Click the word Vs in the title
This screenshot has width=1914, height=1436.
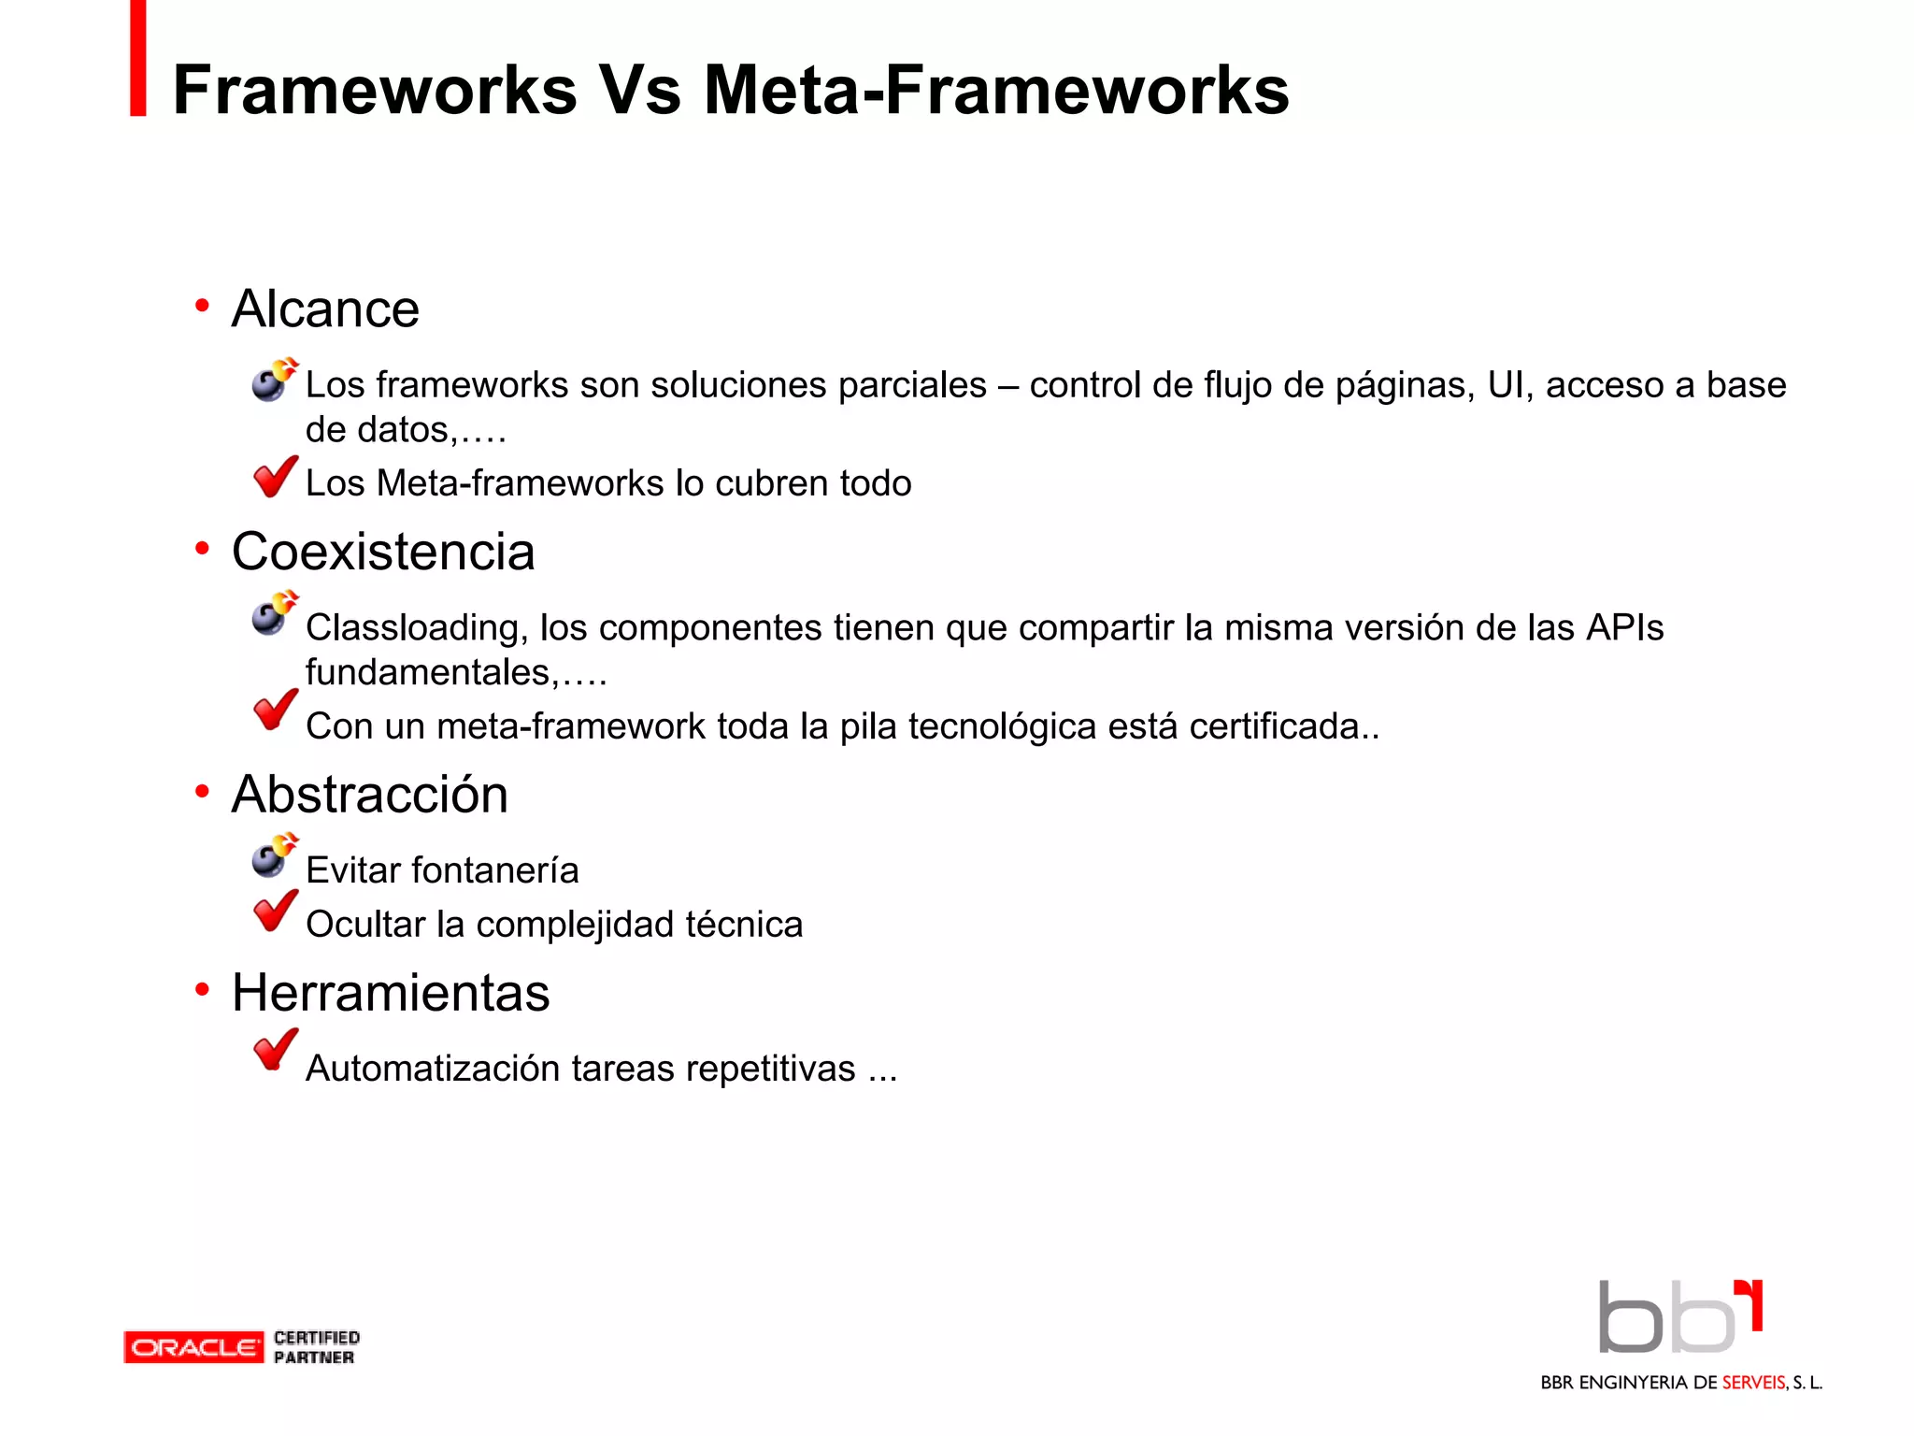pyautogui.click(x=639, y=91)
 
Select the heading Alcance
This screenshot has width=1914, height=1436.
pyautogui.click(x=325, y=309)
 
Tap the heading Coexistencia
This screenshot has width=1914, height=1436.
pyautogui.click(x=383, y=552)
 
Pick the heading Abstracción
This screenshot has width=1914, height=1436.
pyautogui.click(x=370, y=795)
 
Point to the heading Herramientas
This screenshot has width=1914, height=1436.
pyautogui.click(x=391, y=993)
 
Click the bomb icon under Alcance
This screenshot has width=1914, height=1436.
pyautogui.click(x=274, y=380)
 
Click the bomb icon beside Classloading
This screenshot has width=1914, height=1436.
pyautogui.click(x=274, y=613)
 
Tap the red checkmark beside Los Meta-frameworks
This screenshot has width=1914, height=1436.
pyautogui.click(x=275, y=477)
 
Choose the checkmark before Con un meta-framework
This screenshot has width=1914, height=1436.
pyautogui.click(x=275, y=711)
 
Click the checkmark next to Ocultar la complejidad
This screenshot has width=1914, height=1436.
pyautogui.click(x=275, y=912)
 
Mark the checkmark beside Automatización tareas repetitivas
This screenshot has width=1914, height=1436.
pyautogui.click(x=275, y=1050)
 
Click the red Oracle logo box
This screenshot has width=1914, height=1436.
pyautogui.click(x=193, y=1347)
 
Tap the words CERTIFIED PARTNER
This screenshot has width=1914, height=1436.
pyautogui.click(x=316, y=1347)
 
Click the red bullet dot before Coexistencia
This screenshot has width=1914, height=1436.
pyautogui.click(x=202, y=549)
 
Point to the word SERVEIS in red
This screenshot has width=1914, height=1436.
pyautogui.click(x=1753, y=1383)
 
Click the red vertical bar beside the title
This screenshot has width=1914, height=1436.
pyautogui.click(x=138, y=58)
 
